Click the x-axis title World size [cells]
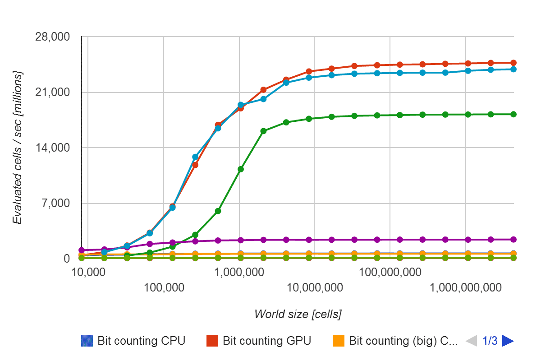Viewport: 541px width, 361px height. (x=298, y=314)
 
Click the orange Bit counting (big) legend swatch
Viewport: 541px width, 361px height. (x=338, y=341)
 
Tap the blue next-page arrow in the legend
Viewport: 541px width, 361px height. (x=508, y=341)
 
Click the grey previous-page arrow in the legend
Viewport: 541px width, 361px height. (x=471, y=341)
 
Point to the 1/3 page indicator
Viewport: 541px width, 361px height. (x=490, y=341)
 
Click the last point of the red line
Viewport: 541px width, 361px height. (x=513, y=63)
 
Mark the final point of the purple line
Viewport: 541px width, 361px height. (x=513, y=239)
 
